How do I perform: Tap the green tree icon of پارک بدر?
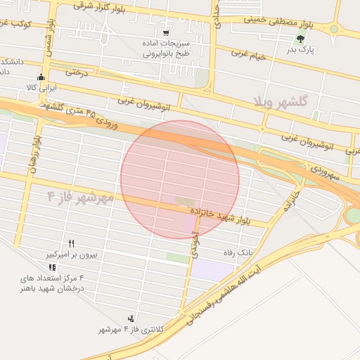(x=301, y=40)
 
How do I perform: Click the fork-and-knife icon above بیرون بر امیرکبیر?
(x=71, y=243)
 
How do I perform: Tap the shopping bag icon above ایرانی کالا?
(x=41, y=77)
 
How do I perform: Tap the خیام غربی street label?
(x=251, y=55)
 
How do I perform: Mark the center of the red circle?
(x=180, y=179)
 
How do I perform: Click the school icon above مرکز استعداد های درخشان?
(x=51, y=268)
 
